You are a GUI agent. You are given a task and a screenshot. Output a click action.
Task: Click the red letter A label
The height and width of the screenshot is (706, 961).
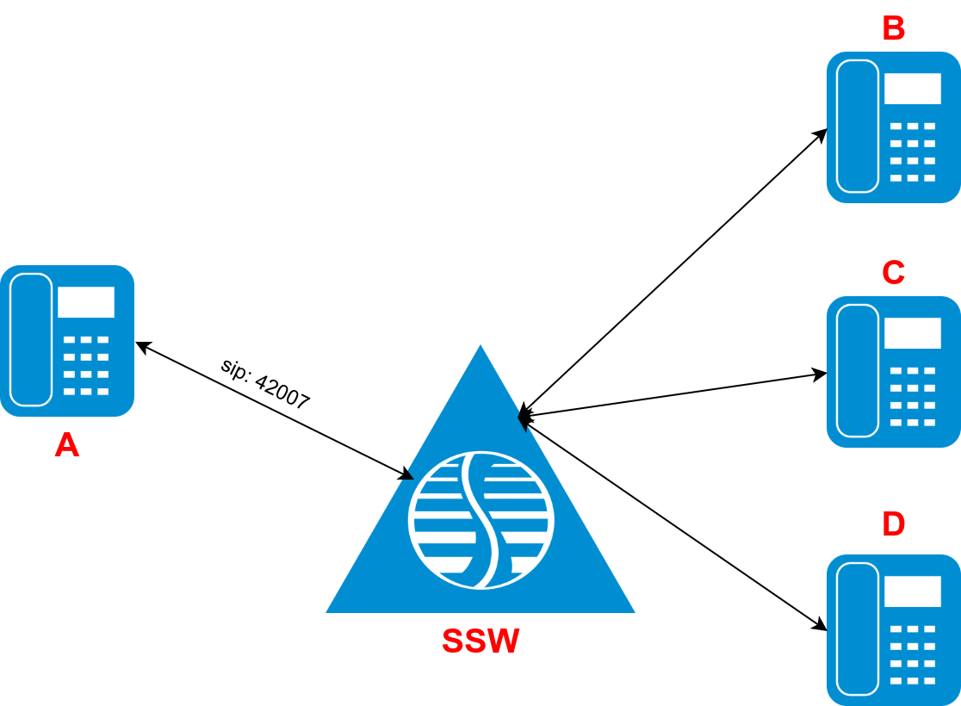click(x=66, y=445)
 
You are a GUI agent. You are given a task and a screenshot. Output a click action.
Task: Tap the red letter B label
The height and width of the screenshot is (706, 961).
click(x=893, y=28)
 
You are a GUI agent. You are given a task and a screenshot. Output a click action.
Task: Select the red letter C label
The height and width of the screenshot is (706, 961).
click(x=893, y=272)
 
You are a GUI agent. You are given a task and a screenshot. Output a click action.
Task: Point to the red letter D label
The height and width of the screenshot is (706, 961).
click(x=893, y=523)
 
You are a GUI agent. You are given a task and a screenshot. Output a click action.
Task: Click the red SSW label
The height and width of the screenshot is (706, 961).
click(x=480, y=641)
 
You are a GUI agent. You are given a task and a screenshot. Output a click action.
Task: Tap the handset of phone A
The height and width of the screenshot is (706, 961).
click(x=31, y=339)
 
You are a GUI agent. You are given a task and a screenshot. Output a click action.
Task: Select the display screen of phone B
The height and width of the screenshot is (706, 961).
click(x=912, y=89)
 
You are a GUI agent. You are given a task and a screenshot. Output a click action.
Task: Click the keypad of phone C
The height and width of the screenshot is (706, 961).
click(x=912, y=397)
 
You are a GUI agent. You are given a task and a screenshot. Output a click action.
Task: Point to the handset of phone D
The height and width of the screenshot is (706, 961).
click(x=858, y=629)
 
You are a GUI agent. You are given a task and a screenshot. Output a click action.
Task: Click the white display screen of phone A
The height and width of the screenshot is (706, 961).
click(x=85, y=302)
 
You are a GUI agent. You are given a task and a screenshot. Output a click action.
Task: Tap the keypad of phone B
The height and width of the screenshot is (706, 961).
click(x=912, y=152)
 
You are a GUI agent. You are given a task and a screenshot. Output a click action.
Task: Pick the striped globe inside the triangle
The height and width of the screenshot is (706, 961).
click(x=480, y=520)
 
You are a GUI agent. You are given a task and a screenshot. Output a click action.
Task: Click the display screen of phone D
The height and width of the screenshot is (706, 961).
click(x=912, y=591)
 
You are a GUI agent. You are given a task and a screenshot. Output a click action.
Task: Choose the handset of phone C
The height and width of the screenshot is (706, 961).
click(x=858, y=370)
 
